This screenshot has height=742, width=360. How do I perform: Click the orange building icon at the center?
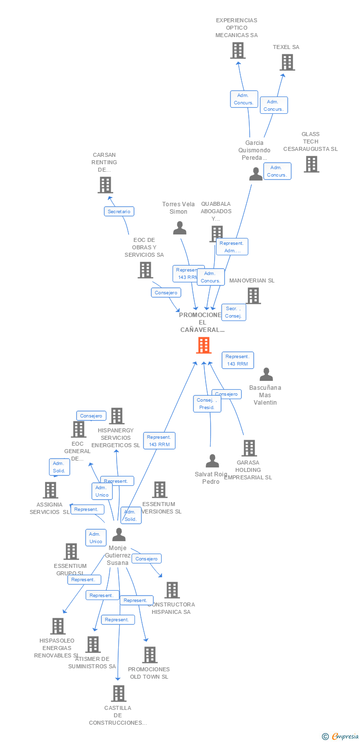tap(204, 345)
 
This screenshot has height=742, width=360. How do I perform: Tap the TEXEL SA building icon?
tap(287, 62)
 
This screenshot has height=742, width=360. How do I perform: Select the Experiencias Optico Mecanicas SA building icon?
tap(238, 50)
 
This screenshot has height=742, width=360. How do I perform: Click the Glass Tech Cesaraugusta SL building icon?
tap(311, 164)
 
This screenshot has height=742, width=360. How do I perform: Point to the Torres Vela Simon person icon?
tap(180, 228)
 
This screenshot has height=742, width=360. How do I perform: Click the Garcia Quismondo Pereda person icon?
tap(256, 174)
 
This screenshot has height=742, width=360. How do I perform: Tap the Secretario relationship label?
tap(119, 211)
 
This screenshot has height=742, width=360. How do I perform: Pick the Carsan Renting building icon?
tap(105, 185)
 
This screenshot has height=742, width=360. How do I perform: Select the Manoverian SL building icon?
tap(253, 296)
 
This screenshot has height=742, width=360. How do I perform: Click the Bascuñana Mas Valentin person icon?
tap(266, 374)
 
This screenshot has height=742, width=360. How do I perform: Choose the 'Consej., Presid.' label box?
tap(207, 404)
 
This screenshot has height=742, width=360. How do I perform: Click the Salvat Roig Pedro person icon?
tap(212, 461)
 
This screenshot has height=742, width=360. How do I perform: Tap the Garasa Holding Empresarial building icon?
tap(249, 448)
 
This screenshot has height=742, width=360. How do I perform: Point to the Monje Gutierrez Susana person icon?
tap(119, 535)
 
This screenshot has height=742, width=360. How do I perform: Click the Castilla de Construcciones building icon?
tap(118, 694)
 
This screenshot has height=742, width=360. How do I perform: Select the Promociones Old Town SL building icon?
tap(149, 655)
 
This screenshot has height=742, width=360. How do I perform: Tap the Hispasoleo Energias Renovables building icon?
tap(58, 626)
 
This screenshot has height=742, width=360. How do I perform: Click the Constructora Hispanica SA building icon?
tap(172, 590)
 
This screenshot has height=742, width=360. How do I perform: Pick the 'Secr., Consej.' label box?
tap(233, 312)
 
